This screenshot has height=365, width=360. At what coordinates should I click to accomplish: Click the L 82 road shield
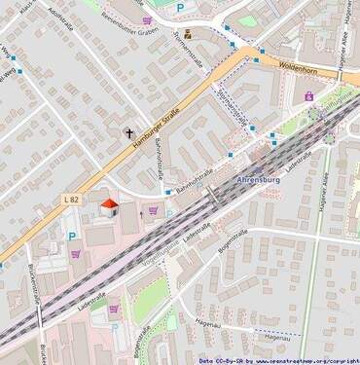[69, 200]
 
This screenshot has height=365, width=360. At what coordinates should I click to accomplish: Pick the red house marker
[109, 206]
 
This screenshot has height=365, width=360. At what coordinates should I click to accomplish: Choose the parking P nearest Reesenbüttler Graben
[179, 8]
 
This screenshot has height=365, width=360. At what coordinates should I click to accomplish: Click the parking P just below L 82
[71, 236]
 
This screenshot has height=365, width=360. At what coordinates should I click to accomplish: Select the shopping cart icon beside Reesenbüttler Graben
[148, 20]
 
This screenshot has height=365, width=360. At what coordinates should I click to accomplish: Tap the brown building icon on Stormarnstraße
[188, 34]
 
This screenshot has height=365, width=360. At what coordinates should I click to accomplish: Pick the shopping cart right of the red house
[153, 208]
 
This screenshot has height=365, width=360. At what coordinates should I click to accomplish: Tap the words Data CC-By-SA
[218, 359]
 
